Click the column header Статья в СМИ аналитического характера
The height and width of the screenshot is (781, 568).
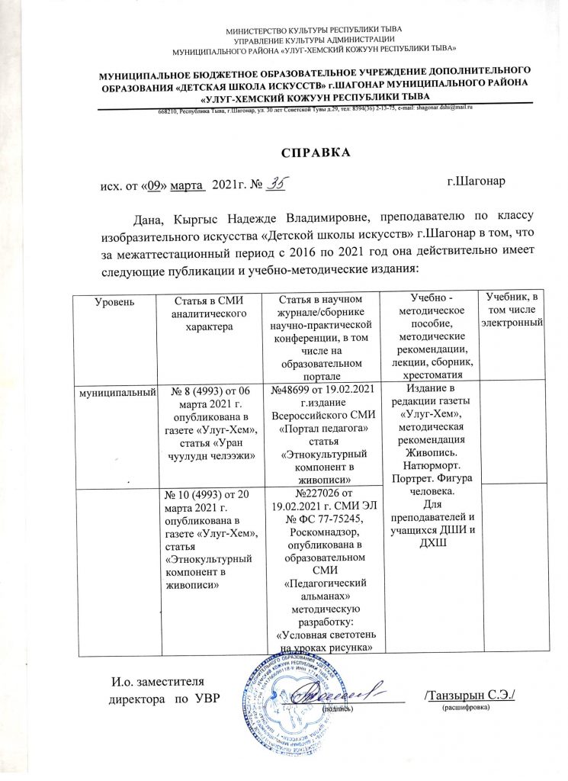(x=207, y=312)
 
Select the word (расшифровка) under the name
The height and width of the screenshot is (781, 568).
(x=466, y=708)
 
